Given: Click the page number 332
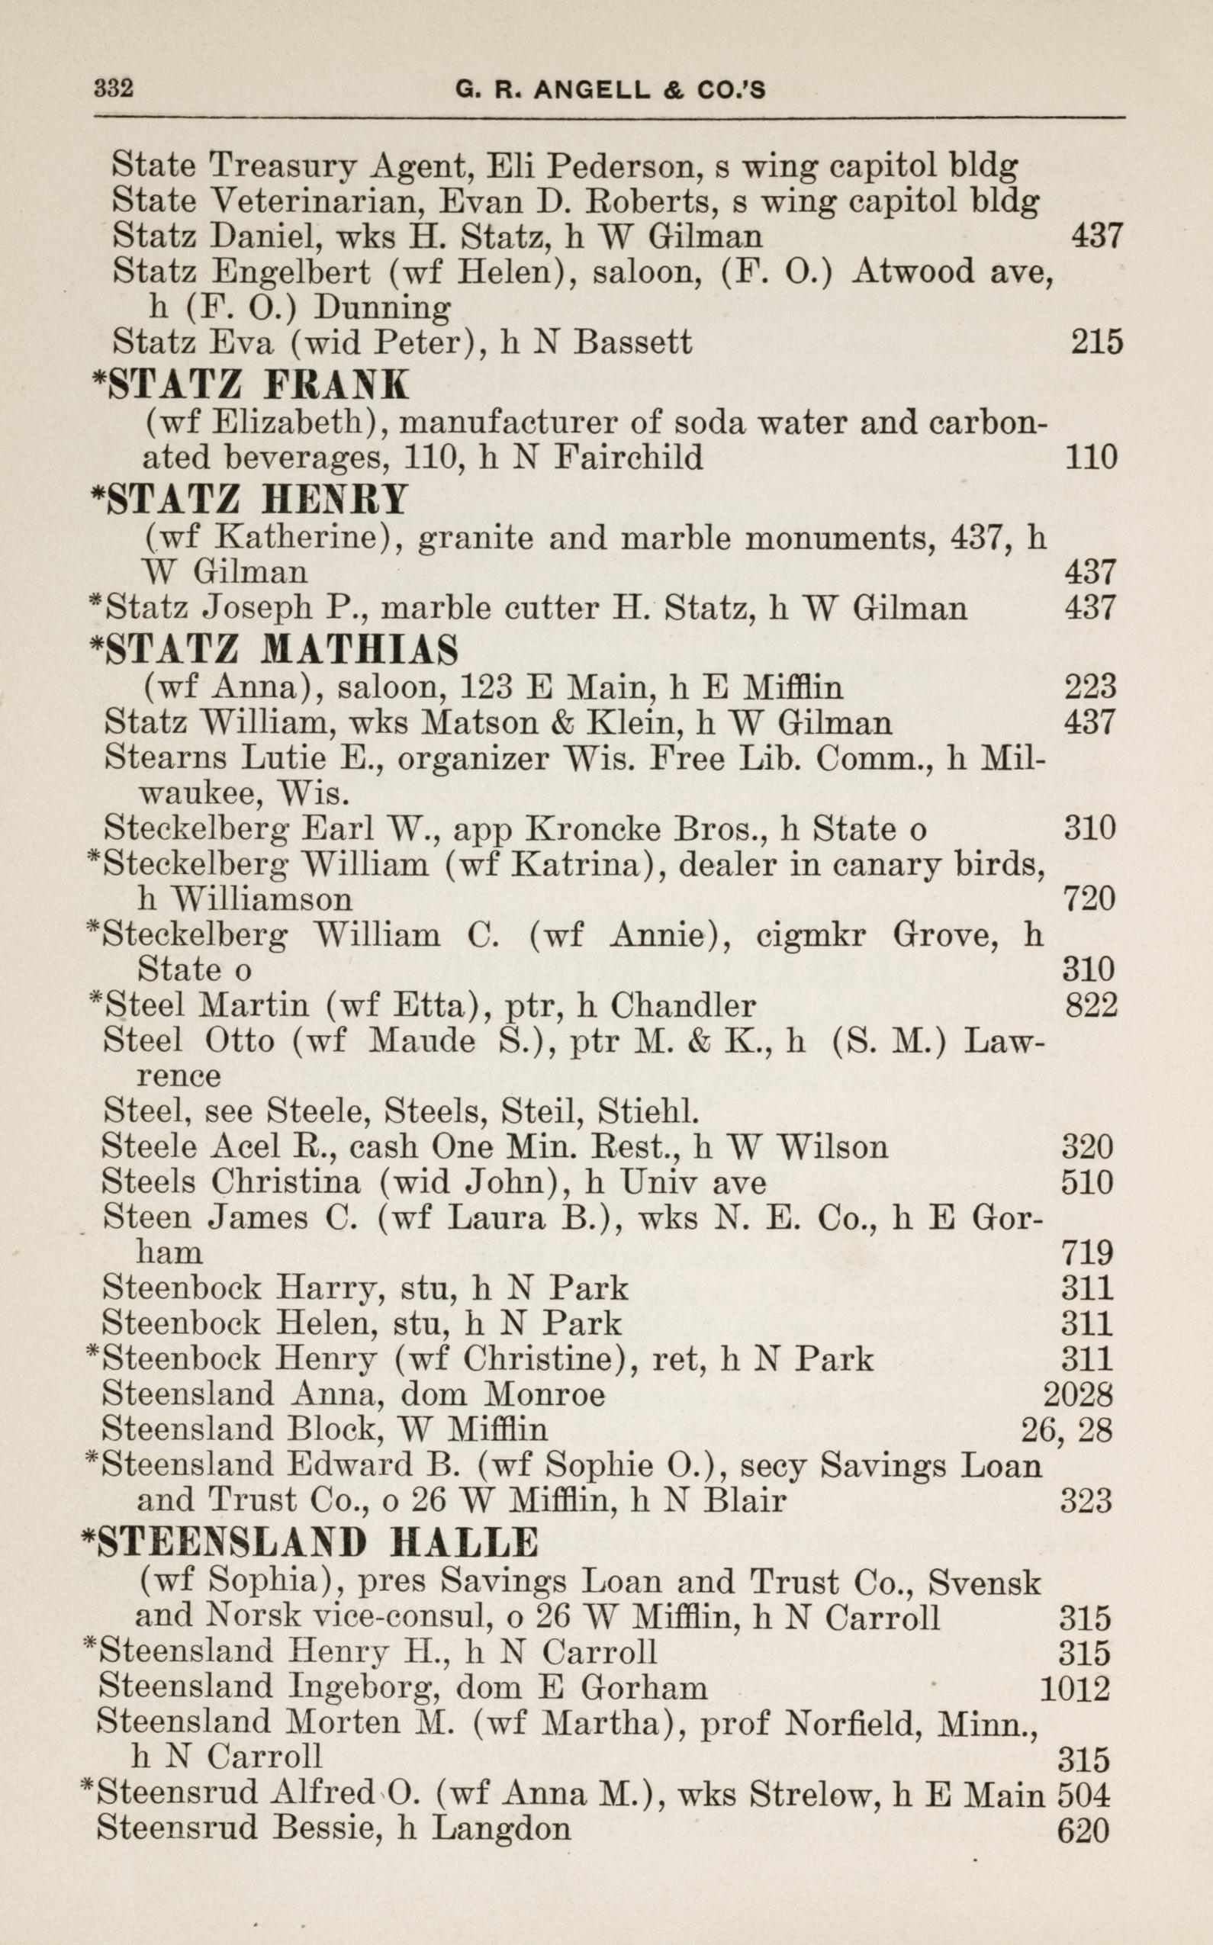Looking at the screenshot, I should pyautogui.click(x=114, y=88).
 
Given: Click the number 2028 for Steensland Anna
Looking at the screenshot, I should pyautogui.click(x=1077, y=1395).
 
